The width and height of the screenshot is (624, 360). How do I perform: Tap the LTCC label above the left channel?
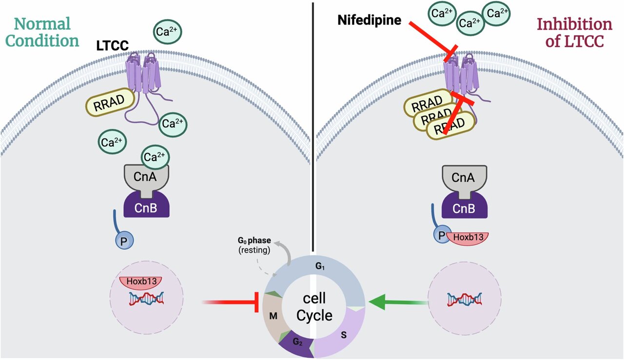click(113, 45)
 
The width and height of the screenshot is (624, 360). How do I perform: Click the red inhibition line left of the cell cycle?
click(232, 303)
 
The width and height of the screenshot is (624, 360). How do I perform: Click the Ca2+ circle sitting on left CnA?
click(156, 157)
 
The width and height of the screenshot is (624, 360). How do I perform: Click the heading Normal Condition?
click(42, 32)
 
